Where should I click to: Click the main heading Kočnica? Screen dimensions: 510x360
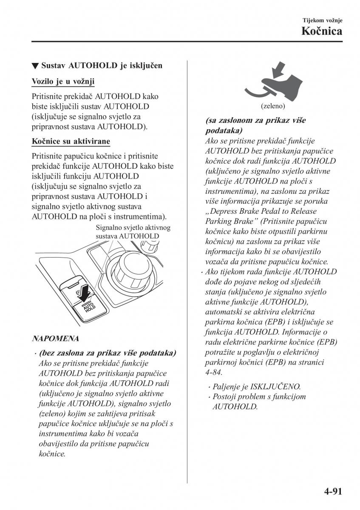(322, 31)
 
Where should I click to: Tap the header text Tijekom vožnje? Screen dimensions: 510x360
(322, 20)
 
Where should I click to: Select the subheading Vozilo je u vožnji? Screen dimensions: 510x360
(63, 81)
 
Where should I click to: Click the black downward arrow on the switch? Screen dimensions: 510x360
(85, 292)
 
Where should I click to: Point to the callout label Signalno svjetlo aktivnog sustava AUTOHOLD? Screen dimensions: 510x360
(133, 232)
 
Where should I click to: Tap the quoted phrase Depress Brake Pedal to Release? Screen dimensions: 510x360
(261, 211)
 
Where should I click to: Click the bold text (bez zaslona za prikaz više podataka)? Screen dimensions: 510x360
(107, 353)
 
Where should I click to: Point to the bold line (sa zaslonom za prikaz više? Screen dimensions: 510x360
(255, 120)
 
